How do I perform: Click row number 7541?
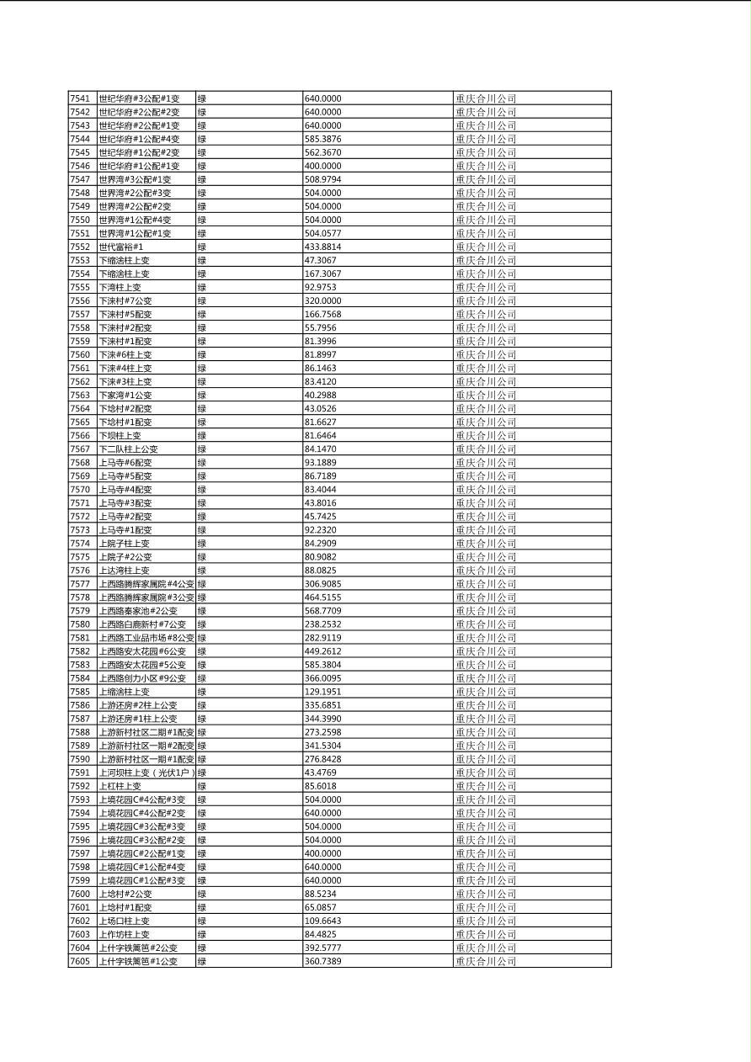coord(79,98)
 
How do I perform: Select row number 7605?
coord(79,961)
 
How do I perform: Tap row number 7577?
coord(79,584)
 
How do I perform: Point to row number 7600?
coord(79,894)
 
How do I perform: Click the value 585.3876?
coord(322,139)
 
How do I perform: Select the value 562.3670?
coord(322,152)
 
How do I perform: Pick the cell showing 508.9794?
coord(322,179)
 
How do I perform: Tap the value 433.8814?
coord(322,247)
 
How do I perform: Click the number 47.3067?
coord(320,260)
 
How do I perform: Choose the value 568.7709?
coord(322,611)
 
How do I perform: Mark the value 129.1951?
coord(322,692)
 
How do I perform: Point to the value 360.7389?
coord(322,961)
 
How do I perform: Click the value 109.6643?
coord(322,921)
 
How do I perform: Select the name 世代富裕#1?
coord(120,247)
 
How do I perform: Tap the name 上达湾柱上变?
coord(124,571)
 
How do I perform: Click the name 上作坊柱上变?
coord(124,934)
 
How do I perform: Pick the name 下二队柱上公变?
coord(128,449)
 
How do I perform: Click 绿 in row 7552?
coord(201,247)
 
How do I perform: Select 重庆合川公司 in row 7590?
coord(486,759)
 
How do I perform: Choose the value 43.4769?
coord(320,773)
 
